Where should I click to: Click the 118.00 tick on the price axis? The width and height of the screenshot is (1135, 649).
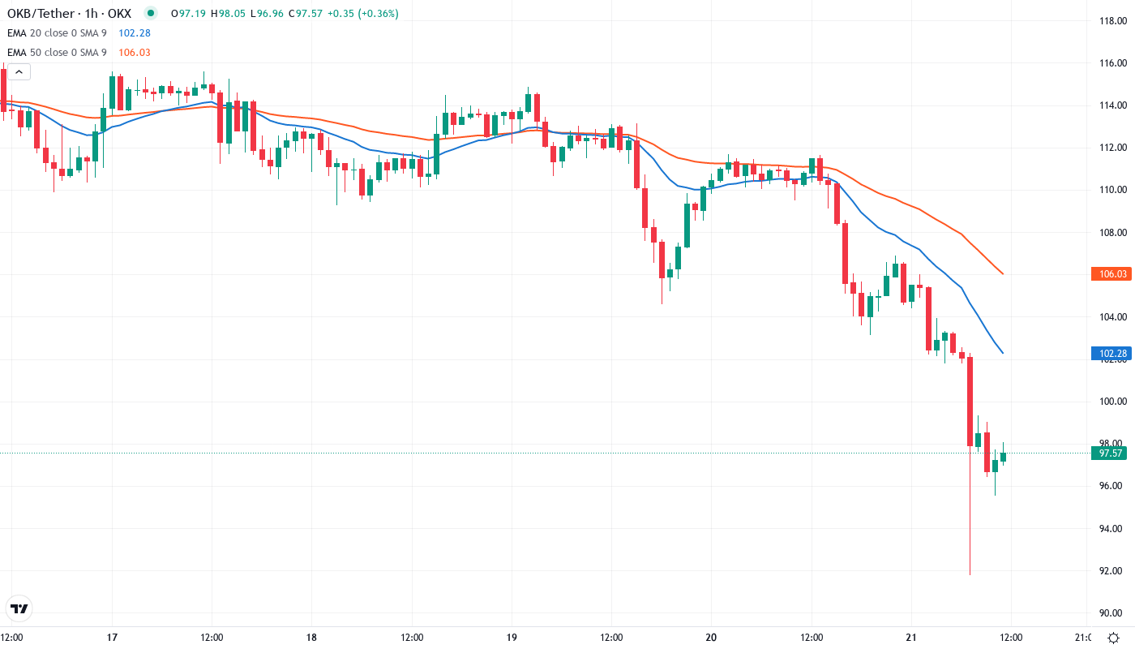click(x=1108, y=20)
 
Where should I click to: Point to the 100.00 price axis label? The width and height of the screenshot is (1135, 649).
click(x=1108, y=401)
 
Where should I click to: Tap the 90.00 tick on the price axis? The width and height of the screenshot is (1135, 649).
click(x=1108, y=612)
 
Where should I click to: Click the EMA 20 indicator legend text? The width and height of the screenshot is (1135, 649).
click(x=54, y=33)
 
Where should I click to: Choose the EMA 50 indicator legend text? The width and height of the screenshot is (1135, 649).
click(x=54, y=53)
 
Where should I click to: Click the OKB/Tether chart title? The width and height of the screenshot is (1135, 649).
click(x=69, y=14)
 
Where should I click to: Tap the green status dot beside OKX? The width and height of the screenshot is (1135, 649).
click(x=150, y=14)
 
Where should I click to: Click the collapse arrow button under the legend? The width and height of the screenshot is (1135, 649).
click(x=19, y=72)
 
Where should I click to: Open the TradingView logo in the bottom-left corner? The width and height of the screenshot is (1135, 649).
click(x=19, y=608)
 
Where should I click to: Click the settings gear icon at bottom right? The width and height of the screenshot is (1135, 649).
click(x=1115, y=637)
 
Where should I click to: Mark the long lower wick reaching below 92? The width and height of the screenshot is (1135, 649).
click(x=970, y=552)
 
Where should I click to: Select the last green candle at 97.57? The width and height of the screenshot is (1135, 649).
click(x=1003, y=457)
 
